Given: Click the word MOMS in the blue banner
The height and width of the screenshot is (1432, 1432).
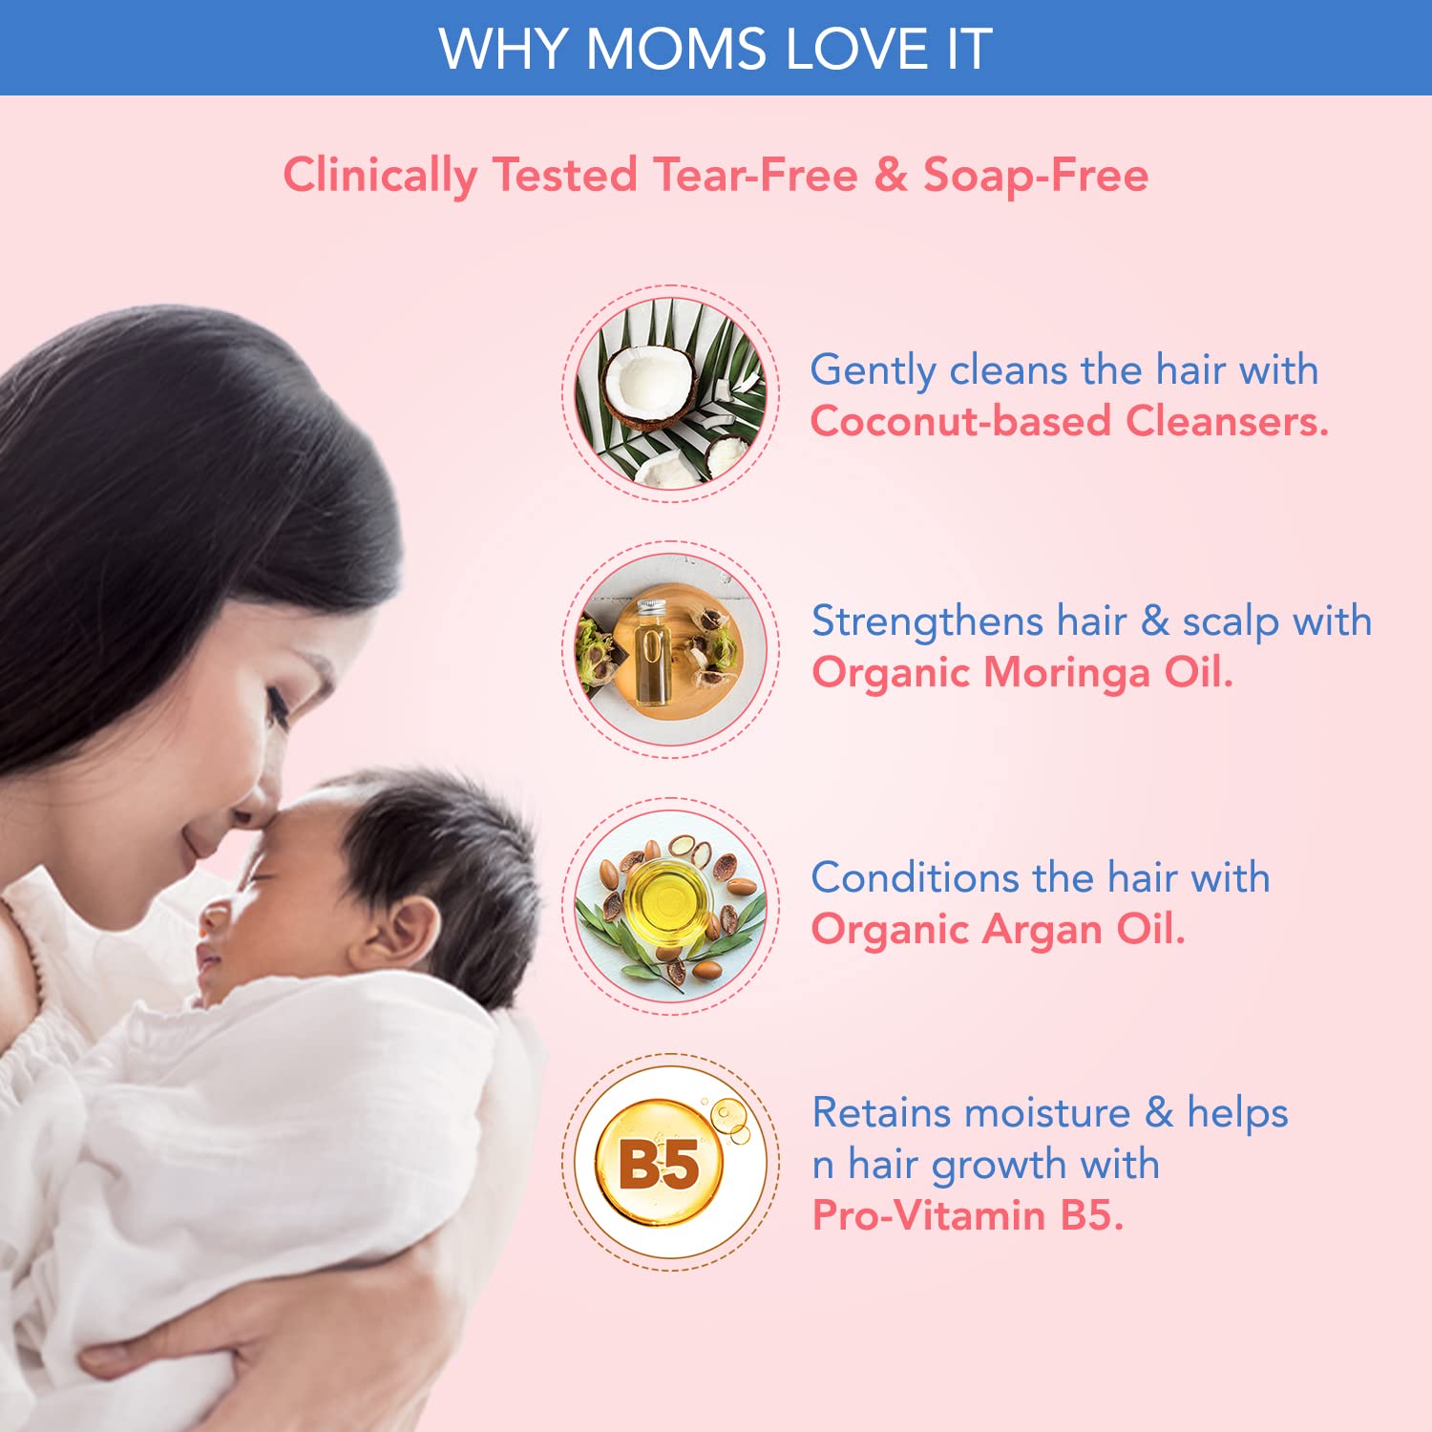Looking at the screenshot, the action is pos(675,49).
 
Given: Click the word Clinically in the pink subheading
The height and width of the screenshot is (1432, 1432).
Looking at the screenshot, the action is pos(380,176).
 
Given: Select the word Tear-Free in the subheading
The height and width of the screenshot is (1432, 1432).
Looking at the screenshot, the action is pos(756,175).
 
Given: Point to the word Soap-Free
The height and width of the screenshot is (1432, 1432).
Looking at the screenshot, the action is pos(1036,176).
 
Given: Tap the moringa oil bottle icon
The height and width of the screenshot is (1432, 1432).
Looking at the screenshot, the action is pos(670,649).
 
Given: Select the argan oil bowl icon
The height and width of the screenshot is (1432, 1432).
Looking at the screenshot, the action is pos(670,906).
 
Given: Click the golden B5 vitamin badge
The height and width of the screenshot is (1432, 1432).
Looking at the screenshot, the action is pos(670,1162).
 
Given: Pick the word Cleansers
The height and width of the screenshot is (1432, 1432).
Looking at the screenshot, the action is pos(1227,421).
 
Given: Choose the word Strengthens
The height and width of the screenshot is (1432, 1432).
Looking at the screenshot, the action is pos(927,622).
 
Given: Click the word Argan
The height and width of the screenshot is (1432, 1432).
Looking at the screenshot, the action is pos(1042,931).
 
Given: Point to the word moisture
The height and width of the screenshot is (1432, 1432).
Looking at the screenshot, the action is pos(1047,1113).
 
